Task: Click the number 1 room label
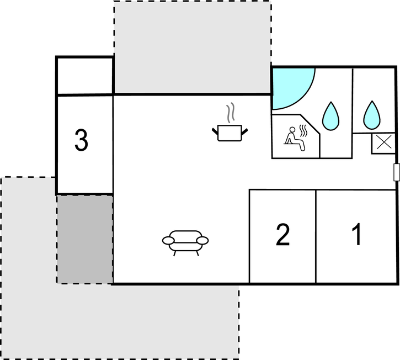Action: click(x=357, y=235)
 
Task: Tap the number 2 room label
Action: click(x=282, y=235)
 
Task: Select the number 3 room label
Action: click(x=81, y=141)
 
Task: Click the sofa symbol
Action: click(x=186, y=242)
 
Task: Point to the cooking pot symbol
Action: click(x=229, y=133)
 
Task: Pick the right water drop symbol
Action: click(x=372, y=114)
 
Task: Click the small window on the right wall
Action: click(x=396, y=172)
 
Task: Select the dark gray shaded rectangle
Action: click(x=85, y=239)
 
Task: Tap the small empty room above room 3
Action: click(x=85, y=76)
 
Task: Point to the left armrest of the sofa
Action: click(x=168, y=240)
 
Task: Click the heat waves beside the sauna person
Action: click(x=303, y=131)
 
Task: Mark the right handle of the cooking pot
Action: click(x=245, y=130)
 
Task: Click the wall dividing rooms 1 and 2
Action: click(x=316, y=236)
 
